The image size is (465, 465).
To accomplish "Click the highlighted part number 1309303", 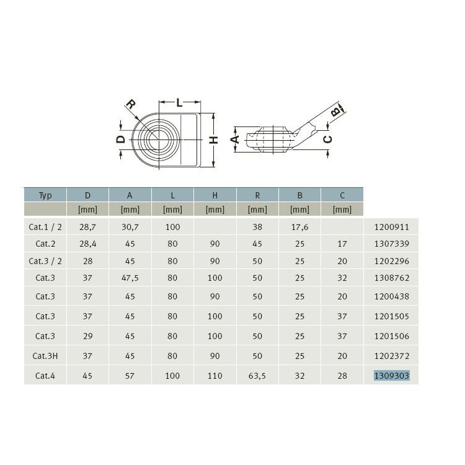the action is tap(391, 376).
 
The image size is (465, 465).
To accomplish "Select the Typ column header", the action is tap(45, 196).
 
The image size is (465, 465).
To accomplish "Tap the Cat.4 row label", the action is tap(45, 376).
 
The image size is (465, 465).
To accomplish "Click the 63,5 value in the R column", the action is tap(257, 376).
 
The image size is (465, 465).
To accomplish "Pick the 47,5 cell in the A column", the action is tap(130, 278).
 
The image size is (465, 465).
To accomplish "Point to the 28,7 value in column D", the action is tap(87, 227).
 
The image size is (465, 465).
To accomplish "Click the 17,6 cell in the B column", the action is tap(300, 227).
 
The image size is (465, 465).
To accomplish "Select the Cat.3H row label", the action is tap(45, 356).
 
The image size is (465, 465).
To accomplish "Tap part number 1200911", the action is tap(391, 227).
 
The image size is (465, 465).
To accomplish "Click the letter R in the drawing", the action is tap(131, 104).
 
